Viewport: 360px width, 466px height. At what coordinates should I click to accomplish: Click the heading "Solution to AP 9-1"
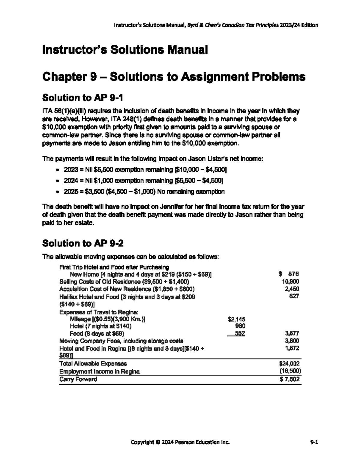tap(83, 98)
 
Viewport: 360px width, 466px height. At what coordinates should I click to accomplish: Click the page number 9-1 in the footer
tap(314, 442)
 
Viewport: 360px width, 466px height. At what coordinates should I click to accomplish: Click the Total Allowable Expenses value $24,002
tap(289, 364)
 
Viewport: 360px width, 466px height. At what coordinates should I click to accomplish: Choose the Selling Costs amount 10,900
tap(290, 282)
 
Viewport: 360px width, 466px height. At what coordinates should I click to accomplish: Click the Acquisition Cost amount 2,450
tap(292, 289)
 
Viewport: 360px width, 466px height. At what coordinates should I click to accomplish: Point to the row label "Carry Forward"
tap(78, 379)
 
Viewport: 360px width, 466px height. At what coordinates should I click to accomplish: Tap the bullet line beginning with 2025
tap(144, 192)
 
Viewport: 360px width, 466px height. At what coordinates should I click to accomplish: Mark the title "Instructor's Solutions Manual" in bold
tap(125, 50)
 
